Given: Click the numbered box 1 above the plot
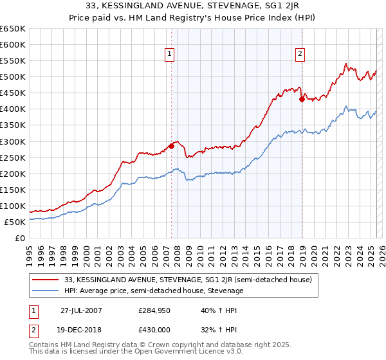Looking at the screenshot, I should pos(169,54).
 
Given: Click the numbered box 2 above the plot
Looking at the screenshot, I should pos(300,54).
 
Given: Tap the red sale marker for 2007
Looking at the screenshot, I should pos(172,146).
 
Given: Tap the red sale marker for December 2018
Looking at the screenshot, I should pos(301,99).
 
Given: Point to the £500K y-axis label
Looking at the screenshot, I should pos(13,77).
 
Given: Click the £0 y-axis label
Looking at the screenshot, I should pos(19,239).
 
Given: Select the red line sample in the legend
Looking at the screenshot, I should pos(46,280).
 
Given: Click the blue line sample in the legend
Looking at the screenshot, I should pos(46,291).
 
